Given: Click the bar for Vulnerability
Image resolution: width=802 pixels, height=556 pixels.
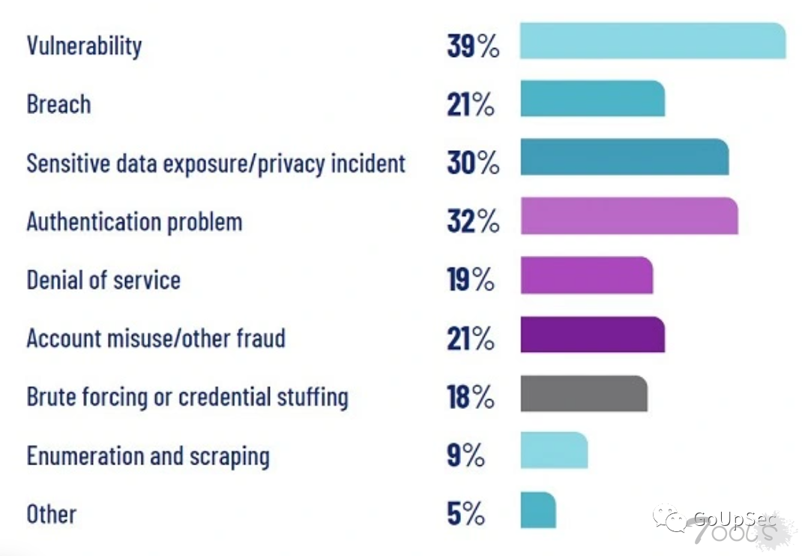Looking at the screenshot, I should coord(652,41).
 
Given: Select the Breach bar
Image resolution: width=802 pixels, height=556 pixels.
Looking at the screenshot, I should coord(592,98).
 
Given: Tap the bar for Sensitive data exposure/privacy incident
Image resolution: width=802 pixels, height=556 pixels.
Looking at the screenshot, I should coord(624,157).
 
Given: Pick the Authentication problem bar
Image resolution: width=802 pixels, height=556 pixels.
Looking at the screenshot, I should coord(629,216).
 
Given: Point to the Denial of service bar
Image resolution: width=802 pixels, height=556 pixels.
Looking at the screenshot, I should coord(586,275).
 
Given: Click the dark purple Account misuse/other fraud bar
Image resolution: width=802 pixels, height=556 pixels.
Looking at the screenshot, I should coord(592,335).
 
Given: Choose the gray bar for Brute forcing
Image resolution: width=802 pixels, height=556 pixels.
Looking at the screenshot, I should coord(584,393).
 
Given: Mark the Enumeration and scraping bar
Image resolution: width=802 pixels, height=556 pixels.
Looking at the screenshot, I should coord(554,450).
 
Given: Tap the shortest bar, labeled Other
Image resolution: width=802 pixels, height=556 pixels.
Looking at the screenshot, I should coord(538,509).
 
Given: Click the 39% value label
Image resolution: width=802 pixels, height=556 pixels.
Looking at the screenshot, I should coord(473,46).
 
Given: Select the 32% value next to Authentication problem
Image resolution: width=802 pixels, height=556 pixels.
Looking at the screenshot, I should coord(473,222).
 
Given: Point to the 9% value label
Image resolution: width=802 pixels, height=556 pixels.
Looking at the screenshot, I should coord(465,455).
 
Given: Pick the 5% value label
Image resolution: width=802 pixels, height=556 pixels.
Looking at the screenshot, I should coord(465,515).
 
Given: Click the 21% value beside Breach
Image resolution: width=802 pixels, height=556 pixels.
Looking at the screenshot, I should coord(471,105).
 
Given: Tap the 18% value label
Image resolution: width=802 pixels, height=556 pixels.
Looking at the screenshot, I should coord(471,398).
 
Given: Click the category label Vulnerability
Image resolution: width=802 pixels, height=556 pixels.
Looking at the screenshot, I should coord(84,46).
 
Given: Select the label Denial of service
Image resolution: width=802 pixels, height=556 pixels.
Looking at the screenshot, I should coord(103,280).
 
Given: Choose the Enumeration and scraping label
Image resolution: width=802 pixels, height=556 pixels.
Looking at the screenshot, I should coord(148,455).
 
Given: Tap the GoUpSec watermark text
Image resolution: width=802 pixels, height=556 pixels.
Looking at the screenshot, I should coord(723,518).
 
